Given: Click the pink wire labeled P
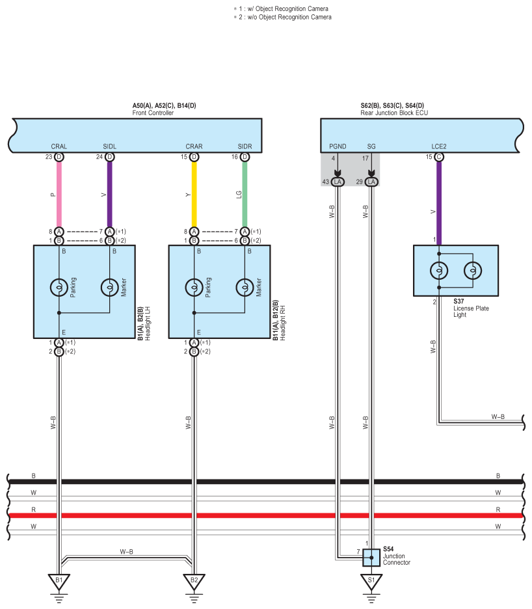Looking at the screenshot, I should pyautogui.click(x=59, y=193).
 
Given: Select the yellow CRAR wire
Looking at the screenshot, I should pyautogui.click(x=194, y=193).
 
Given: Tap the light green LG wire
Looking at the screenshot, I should pyautogui.click(x=245, y=193).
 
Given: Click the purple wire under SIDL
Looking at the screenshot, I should pyautogui.click(x=109, y=193).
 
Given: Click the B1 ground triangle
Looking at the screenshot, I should pyautogui.click(x=59, y=580).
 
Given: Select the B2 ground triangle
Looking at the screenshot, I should pyautogui.click(x=194, y=580).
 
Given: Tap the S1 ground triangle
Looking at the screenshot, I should pyautogui.click(x=371, y=580).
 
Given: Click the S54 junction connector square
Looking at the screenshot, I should pyautogui.click(x=371, y=558).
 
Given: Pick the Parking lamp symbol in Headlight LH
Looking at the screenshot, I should pyautogui.click(x=59, y=287).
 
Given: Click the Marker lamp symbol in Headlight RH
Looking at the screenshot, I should pyautogui.click(x=245, y=287).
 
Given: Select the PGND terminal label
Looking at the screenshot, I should pyautogui.click(x=338, y=147).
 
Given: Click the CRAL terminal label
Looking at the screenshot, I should pyautogui.click(x=59, y=147).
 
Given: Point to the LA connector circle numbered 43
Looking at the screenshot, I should pyautogui.click(x=338, y=182).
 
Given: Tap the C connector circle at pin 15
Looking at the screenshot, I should pyautogui.click(x=439, y=157).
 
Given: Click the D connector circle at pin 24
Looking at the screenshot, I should pyautogui.click(x=109, y=157).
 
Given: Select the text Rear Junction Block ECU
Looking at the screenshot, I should pyautogui.click(x=394, y=113).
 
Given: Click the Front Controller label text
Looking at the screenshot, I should pyautogui.click(x=153, y=113).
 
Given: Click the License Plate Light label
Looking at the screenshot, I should pyautogui.click(x=471, y=311).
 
